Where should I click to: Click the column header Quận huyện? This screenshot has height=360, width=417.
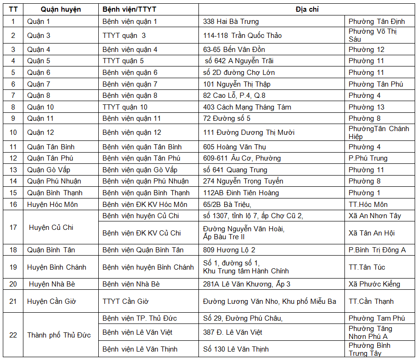(x=60, y=9)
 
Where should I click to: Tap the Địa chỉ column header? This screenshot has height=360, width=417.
(x=307, y=9)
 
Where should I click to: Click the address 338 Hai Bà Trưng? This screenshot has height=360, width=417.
(x=231, y=22)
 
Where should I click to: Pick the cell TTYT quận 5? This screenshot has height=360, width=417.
(x=123, y=61)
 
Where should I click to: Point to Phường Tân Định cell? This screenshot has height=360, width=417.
(x=376, y=22)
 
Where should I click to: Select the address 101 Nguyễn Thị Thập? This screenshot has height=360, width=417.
(x=236, y=84)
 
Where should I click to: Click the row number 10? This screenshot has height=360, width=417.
(x=13, y=132)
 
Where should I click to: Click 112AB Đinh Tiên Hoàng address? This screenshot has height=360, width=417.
(x=241, y=193)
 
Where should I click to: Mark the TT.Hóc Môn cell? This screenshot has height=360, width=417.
(x=368, y=205)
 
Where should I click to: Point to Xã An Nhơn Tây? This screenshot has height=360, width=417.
(x=375, y=216)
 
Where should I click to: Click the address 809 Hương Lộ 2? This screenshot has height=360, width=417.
(x=229, y=250)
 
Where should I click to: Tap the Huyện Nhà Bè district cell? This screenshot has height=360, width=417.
(x=52, y=284)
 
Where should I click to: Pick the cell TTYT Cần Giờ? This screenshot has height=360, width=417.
(x=125, y=301)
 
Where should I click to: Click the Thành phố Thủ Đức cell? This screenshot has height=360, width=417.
(x=59, y=335)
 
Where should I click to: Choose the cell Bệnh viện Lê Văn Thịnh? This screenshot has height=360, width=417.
(x=139, y=349)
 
